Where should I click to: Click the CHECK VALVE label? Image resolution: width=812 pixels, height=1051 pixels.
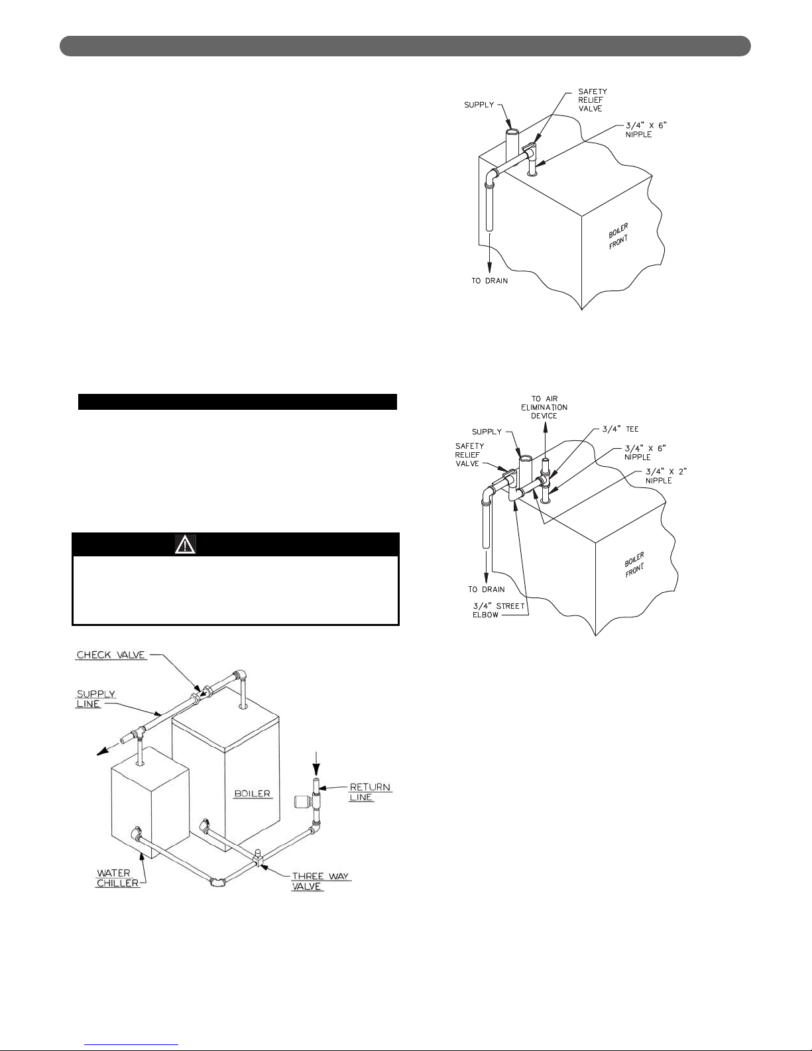click(111, 655)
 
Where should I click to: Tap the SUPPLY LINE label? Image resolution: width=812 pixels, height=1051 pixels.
click(95, 699)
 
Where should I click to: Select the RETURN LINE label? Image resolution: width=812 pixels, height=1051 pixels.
click(371, 792)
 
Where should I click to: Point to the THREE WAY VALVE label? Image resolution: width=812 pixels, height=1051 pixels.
click(320, 881)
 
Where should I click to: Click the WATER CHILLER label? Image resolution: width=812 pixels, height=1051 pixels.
click(117, 878)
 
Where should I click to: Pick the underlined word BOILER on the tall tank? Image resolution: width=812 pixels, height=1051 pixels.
click(253, 794)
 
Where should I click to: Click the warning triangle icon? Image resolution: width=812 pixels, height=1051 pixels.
click(185, 544)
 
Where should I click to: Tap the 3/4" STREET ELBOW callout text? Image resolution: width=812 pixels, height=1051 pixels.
click(498, 611)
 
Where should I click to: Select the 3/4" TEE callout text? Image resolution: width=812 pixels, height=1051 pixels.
click(620, 429)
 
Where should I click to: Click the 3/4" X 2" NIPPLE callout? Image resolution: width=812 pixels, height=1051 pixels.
click(666, 476)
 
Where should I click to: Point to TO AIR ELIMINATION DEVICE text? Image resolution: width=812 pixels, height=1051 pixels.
click(544, 407)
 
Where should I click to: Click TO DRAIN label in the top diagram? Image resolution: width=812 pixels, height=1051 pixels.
click(490, 280)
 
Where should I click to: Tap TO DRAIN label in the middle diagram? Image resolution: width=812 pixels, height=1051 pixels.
click(487, 589)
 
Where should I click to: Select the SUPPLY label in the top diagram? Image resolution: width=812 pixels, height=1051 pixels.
click(479, 105)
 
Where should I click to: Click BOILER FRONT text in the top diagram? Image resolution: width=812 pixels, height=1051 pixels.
click(618, 236)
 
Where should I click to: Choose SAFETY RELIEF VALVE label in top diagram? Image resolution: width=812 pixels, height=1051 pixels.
click(593, 100)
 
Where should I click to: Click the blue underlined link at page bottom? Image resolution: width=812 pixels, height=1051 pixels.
click(131, 1045)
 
